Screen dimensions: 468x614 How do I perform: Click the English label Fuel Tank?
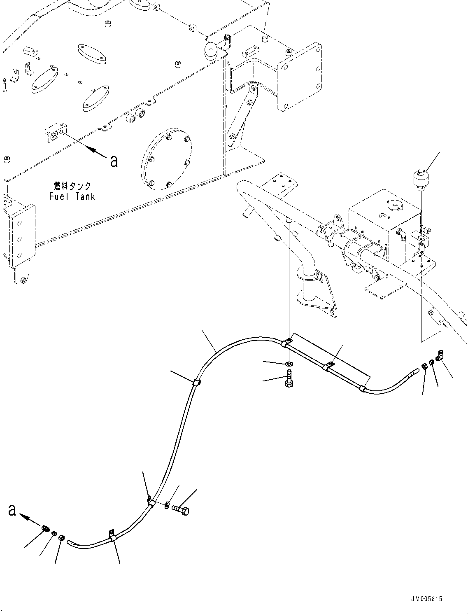pyautogui.click(x=72, y=197)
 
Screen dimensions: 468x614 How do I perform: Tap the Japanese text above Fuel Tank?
pyautogui.click(x=72, y=186)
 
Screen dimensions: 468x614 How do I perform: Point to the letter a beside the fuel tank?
pyautogui.click(x=114, y=161)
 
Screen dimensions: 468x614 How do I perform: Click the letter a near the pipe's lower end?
pyautogui.click(x=12, y=510)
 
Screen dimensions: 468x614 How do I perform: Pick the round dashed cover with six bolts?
pyautogui.click(x=166, y=159)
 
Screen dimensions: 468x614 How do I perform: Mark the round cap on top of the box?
pyautogui.click(x=394, y=205)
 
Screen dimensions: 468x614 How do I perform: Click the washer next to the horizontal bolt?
pyautogui.click(x=166, y=505)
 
